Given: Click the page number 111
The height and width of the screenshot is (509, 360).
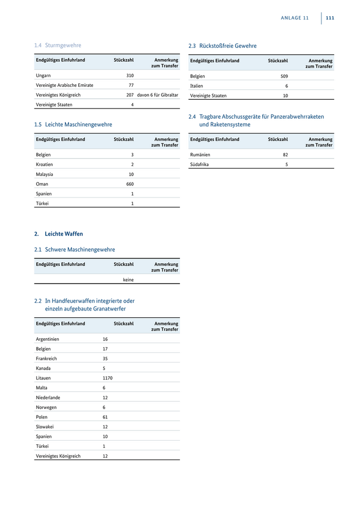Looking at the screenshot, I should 330,17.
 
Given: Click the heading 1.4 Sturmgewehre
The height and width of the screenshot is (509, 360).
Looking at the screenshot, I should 58,45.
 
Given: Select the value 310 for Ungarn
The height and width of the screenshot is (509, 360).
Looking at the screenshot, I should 130,76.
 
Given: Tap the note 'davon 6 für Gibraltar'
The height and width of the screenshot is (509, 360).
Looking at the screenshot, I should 158,95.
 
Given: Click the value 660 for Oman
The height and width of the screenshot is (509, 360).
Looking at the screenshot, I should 130,184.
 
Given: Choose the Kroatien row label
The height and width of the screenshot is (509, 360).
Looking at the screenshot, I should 44,165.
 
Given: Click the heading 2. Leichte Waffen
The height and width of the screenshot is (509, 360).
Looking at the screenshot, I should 59,234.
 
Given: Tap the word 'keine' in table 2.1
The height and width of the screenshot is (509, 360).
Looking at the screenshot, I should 128,280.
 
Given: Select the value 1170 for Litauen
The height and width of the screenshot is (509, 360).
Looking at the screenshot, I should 107,378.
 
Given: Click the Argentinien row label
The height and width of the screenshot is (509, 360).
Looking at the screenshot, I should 47,339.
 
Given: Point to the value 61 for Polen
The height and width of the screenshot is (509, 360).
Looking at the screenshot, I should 105,417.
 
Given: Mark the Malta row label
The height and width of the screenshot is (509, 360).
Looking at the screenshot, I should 42,388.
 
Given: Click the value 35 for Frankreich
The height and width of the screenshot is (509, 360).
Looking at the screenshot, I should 105,358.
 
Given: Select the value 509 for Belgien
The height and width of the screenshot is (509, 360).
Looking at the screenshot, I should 284,76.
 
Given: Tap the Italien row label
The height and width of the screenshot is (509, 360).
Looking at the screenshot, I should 196,86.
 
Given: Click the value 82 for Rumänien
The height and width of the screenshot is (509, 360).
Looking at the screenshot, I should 285,155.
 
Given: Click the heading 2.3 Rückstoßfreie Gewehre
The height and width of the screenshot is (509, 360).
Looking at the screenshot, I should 222,46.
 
